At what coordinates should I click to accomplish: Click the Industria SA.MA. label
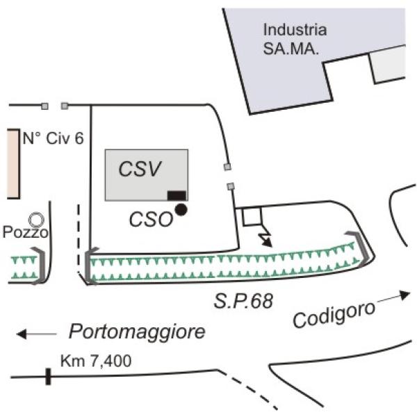295,40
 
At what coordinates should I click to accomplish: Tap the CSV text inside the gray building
140,169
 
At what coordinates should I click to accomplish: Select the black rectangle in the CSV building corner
177,195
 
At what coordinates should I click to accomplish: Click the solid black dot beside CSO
181,210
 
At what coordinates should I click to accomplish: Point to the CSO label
151,220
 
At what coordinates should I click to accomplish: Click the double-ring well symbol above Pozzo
36,220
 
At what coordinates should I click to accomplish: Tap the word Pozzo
26,232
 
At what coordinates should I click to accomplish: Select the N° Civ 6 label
54,138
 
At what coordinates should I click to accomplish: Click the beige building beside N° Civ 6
13,164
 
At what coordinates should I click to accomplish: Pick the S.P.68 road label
244,302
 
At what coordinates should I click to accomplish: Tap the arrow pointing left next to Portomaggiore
36,334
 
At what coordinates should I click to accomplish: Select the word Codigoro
334,315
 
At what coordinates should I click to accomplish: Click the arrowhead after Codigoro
405,295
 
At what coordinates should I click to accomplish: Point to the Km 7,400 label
96,361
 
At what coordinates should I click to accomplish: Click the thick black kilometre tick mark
48,376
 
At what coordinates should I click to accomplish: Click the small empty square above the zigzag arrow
252,216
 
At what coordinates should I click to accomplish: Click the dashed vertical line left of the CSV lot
79,239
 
